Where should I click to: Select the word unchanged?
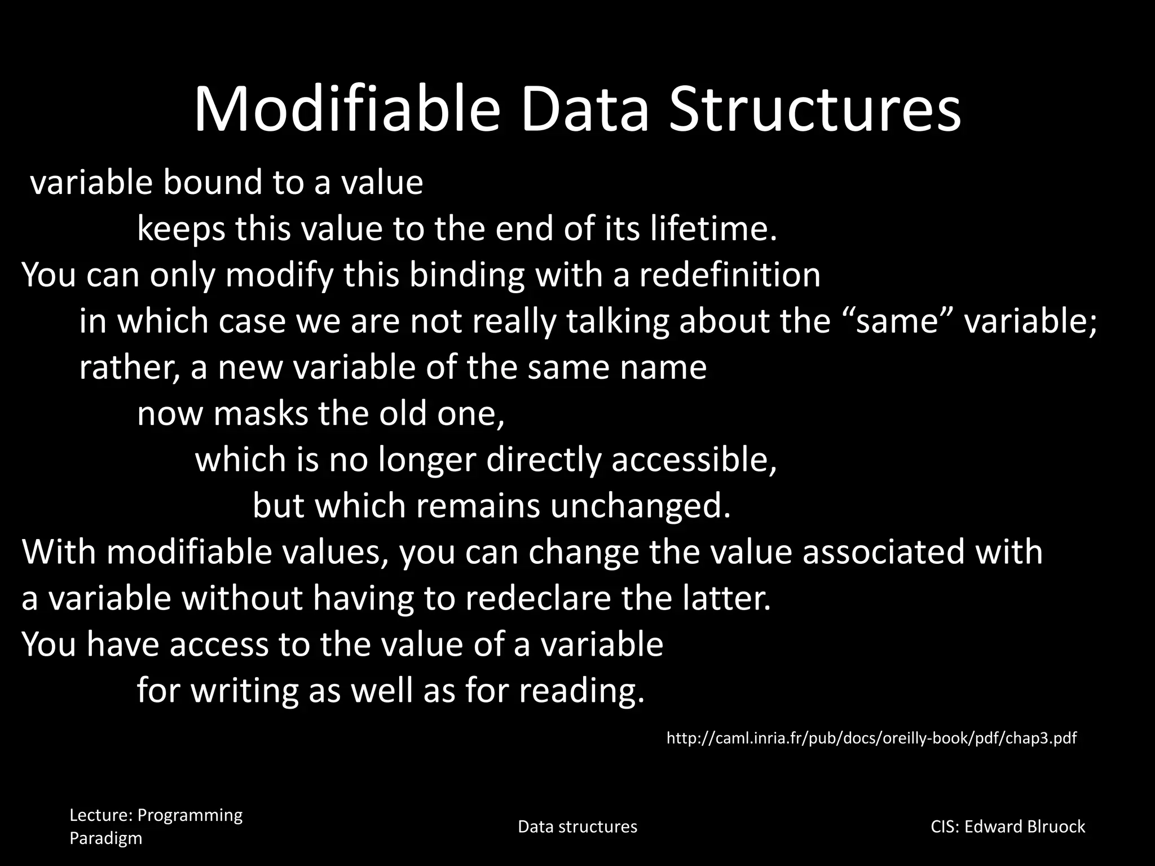pos(640,506)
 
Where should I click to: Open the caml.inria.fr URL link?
pos(871,738)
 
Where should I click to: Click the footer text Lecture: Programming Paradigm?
pos(156,826)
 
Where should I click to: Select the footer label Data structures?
pos(577,827)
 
